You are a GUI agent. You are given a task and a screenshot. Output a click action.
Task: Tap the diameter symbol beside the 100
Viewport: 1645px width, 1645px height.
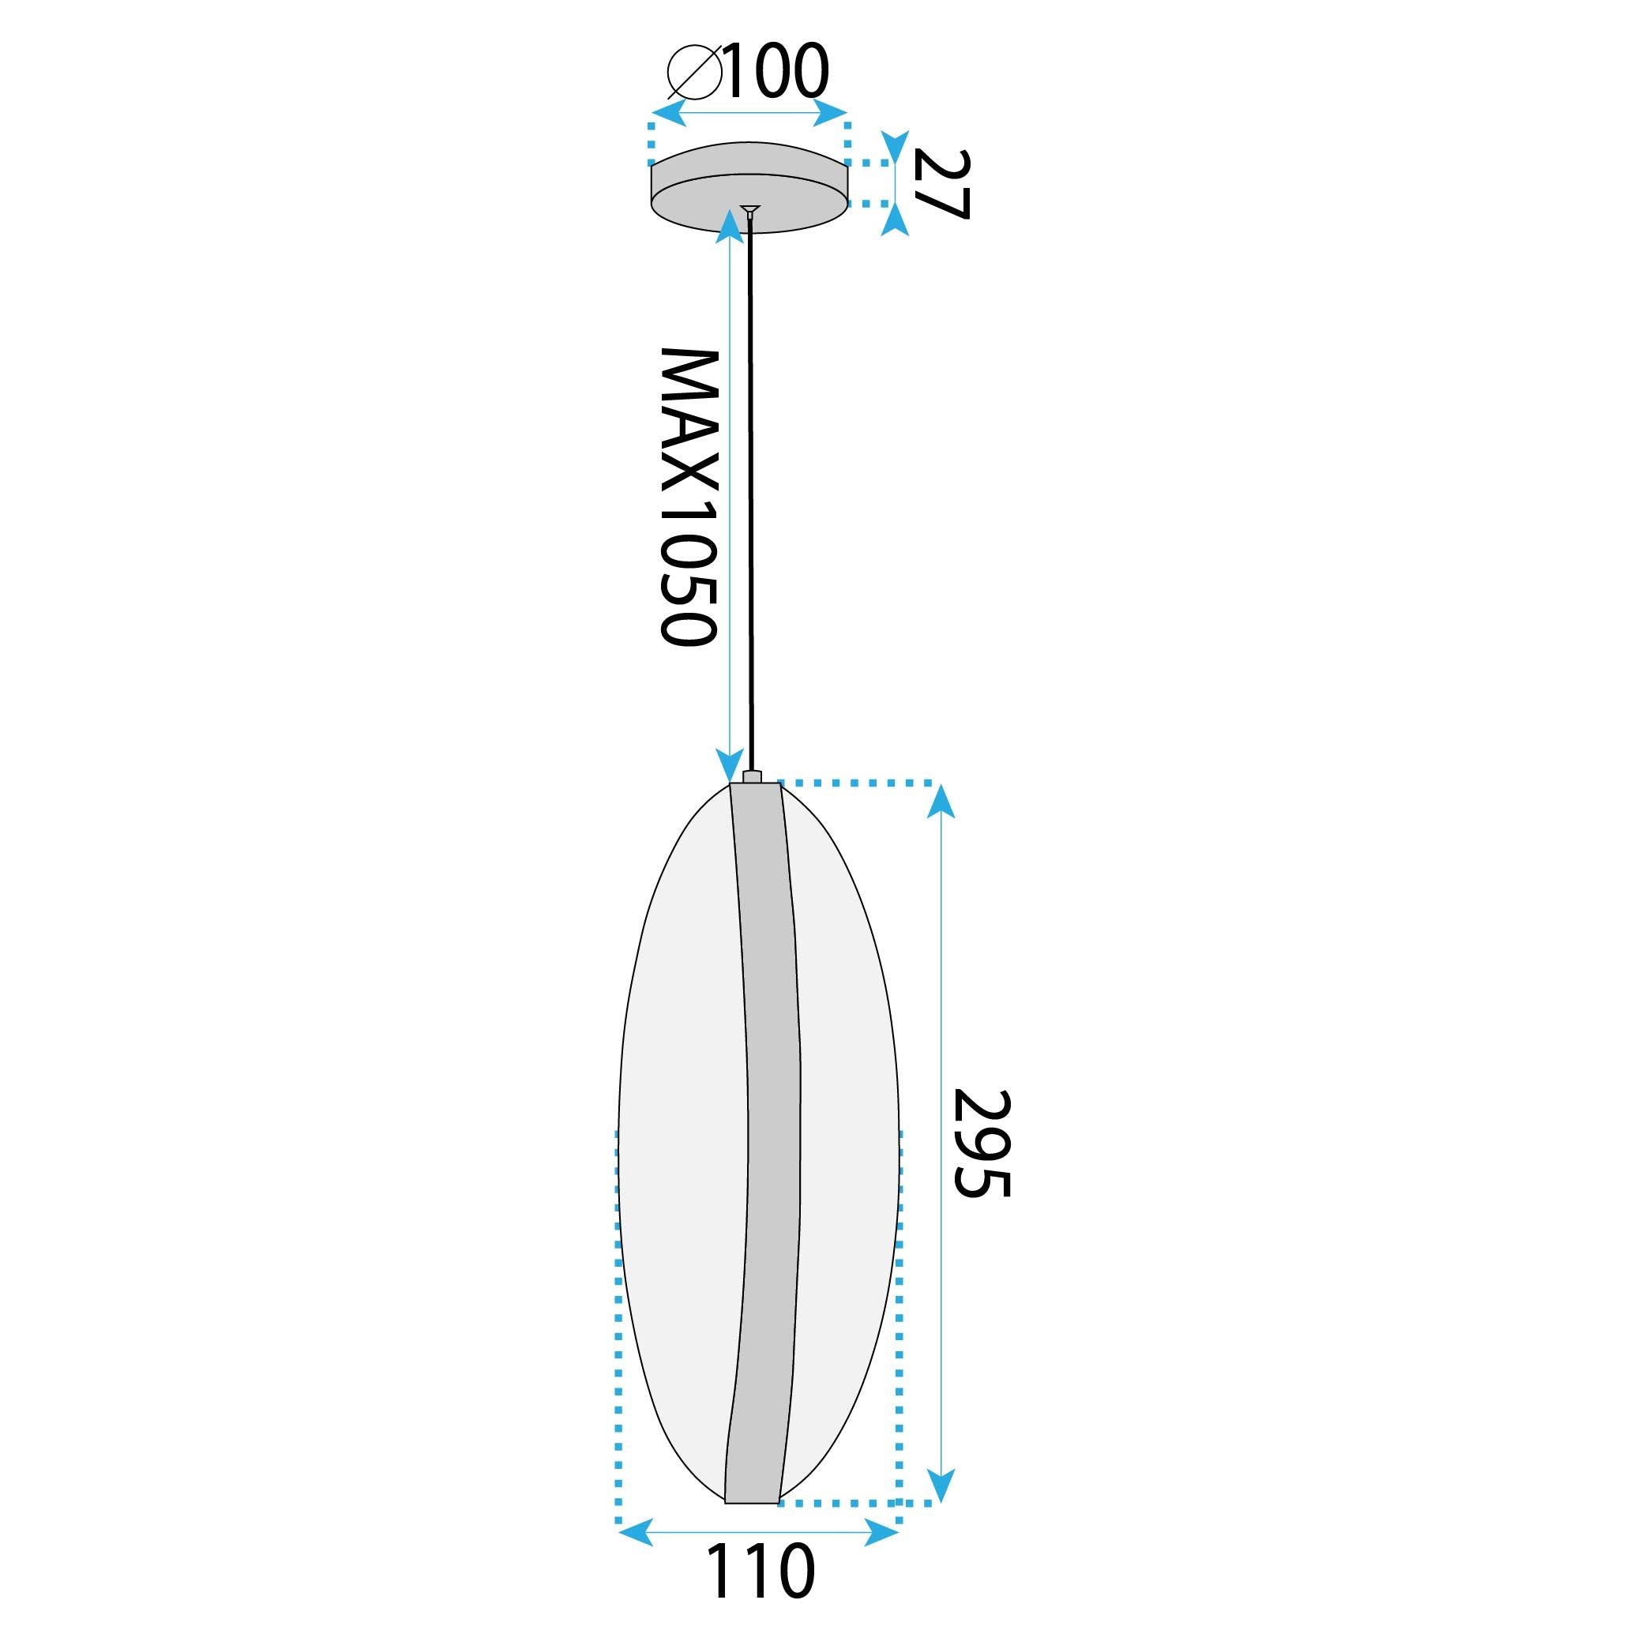coord(694,72)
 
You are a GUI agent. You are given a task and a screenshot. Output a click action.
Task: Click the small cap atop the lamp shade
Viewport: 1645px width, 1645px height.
coord(752,775)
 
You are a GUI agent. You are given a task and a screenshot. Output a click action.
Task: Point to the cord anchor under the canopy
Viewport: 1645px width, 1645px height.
coord(749,211)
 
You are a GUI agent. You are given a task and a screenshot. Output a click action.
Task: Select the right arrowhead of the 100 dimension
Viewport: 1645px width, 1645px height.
coord(830,112)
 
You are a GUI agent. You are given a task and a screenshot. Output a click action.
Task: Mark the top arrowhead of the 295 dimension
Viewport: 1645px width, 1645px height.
coord(940,800)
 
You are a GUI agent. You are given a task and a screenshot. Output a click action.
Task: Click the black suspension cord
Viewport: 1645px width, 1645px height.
coord(750,494)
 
